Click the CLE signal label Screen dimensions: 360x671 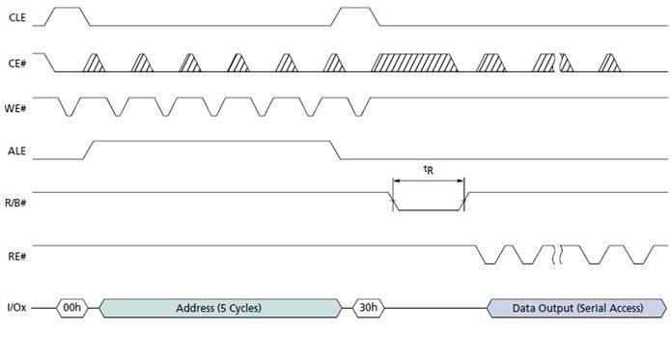pyautogui.click(x=17, y=14)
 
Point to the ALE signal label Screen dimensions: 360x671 pyautogui.click(x=17, y=151)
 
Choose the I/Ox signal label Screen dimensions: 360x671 pyautogui.click(x=17, y=308)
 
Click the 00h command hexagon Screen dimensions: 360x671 pyautogui.click(x=71, y=308)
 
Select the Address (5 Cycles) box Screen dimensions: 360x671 pyautogui.click(x=219, y=308)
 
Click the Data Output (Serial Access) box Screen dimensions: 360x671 pyautogui.click(x=576, y=308)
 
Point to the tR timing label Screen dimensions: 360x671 pyautogui.click(x=428, y=170)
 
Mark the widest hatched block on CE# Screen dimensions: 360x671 pyautogui.click(x=416, y=62)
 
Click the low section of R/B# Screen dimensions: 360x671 pyautogui.click(x=429, y=208)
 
